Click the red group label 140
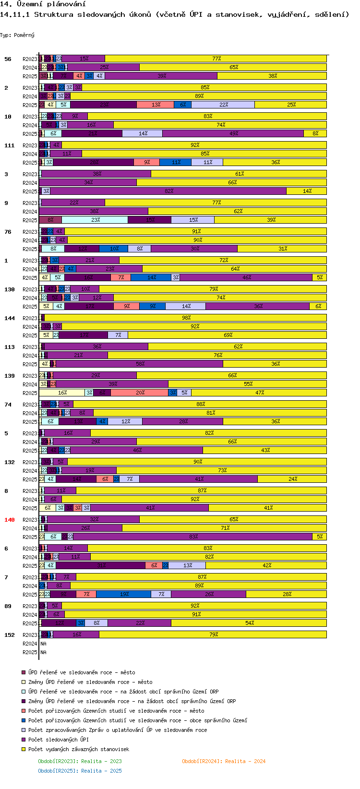click(10, 520)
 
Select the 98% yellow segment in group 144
click(186, 318)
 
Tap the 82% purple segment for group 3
click(168, 191)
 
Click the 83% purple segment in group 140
click(193, 537)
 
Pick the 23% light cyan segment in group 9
click(95, 220)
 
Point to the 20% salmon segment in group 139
click(140, 393)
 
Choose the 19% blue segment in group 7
click(124, 594)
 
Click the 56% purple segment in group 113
click(140, 364)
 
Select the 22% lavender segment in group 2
click(223, 105)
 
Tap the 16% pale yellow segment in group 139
click(62, 393)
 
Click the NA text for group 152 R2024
click(43, 644)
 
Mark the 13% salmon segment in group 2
click(156, 105)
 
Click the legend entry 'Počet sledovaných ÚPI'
click(58, 740)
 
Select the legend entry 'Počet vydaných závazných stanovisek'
click(78, 749)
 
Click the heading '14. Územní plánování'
click(43, 4)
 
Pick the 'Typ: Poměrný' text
click(17, 35)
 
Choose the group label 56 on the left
click(8, 59)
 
